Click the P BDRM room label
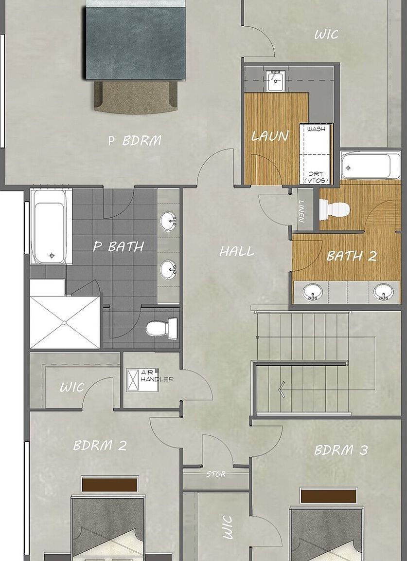tap(134, 141)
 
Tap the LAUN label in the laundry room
tap(270, 136)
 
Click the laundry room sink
tap(275, 81)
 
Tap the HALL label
tap(237, 252)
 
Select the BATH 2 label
tap(352, 256)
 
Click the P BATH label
tap(119, 246)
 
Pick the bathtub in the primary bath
tap(51, 226)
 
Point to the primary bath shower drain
tap(64, 322)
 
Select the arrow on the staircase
tap(282, 389)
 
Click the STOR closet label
tap(216, 473)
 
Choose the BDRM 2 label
tap(100, 445)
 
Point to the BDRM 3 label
tap(341, 450)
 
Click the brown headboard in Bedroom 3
tap(328, 496)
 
